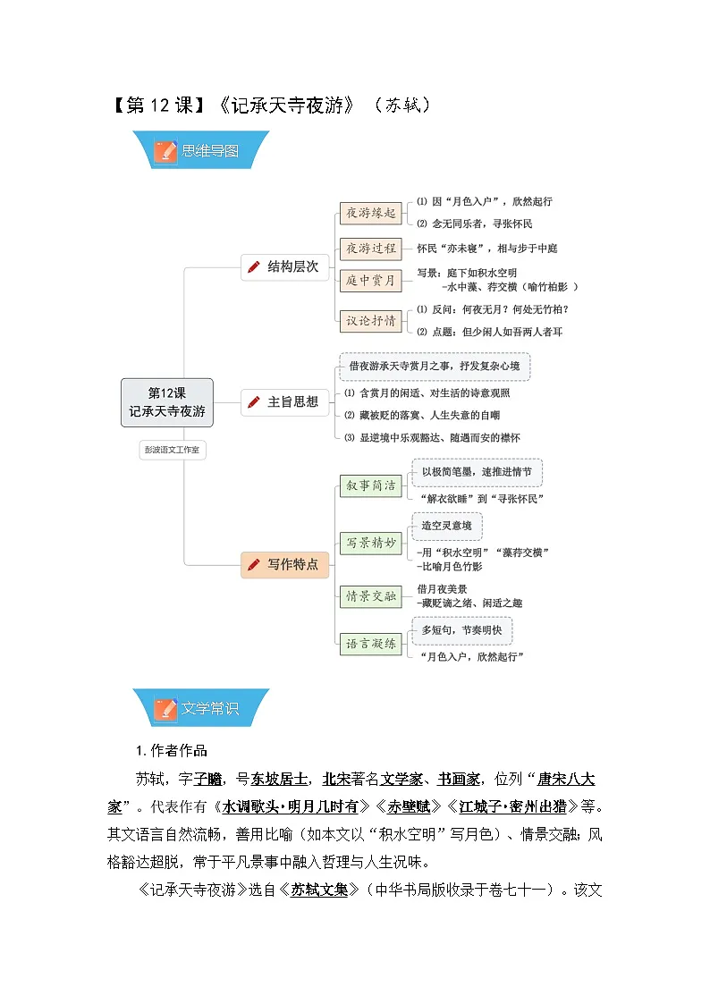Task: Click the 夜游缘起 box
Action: pos(371,213)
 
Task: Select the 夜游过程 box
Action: pos(371,249)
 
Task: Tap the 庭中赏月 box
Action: pos(371,281)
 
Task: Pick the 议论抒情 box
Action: pos(371,321)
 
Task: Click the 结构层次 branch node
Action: pos(285,267)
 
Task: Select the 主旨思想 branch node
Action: pos(285,402)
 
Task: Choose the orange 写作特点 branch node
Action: pos(285,565)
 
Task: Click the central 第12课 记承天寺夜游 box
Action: pos(167,402)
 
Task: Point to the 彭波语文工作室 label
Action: pos(173,450)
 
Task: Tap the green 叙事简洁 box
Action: pos(371,486)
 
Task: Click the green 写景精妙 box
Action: pos(371,543)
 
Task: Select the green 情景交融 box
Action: pos(371,596)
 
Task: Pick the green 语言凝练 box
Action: pos(371,644)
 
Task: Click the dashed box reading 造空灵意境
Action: pos(447,526)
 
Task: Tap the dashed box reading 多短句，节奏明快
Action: pos(462,630)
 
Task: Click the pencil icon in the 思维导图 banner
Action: pos(165,151)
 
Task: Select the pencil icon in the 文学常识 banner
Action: pos(165,709)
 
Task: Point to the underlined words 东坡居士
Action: pos(279,780)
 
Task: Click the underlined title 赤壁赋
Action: pos(409,806)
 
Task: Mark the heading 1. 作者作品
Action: pos(172,750)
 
